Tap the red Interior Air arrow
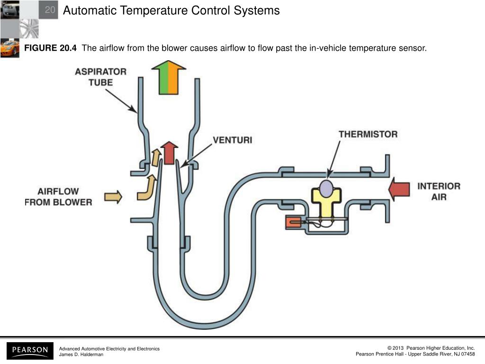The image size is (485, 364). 399,189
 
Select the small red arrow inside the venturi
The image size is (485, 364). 169,151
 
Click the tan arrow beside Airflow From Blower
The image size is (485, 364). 113,196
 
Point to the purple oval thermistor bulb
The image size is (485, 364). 326,187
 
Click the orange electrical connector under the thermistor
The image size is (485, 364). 294,221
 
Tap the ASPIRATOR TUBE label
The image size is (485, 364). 100,77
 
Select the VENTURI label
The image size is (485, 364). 232,140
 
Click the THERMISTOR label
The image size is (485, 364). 368,134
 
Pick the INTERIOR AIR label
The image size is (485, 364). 439,191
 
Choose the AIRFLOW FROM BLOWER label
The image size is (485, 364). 58,197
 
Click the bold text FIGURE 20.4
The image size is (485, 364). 50,48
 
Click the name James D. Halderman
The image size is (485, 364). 81,355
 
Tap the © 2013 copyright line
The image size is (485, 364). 431,348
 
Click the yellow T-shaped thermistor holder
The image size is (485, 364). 326,201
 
